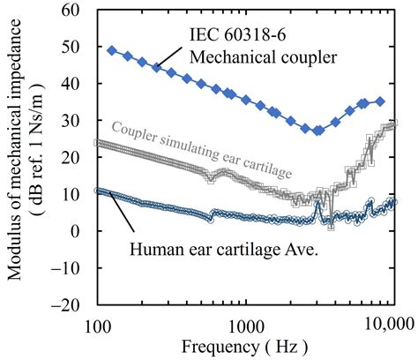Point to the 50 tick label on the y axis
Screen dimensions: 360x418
[x=74, y=47]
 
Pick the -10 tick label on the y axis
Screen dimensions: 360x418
[x=71, y=268]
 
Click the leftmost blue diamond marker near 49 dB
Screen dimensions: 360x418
[x=111, y=50]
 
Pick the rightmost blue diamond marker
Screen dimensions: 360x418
[x=381, y=101]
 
